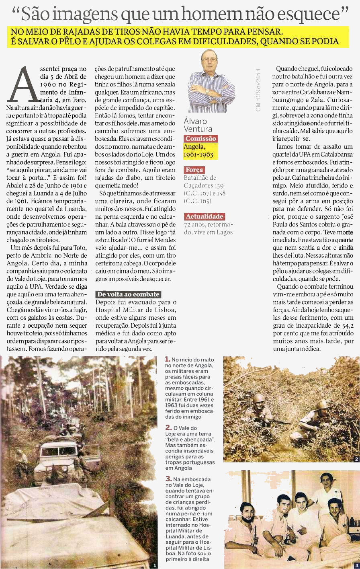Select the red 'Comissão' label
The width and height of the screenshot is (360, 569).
coord(200,139)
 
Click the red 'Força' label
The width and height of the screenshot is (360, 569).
coord(194,170)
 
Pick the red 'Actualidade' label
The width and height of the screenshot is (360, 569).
coord(204,216)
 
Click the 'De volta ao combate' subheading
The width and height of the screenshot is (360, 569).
coord(128,294)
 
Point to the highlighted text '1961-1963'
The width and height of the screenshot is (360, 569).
coord(198,155)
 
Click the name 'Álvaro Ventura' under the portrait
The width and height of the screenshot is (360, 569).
coord(196,125)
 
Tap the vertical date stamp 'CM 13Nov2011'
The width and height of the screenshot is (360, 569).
coord(258,89)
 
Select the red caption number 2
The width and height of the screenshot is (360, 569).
coord(168,428)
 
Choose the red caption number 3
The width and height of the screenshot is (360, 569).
coord(169,479)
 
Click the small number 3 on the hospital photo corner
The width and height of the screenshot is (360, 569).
coord(357,565)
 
